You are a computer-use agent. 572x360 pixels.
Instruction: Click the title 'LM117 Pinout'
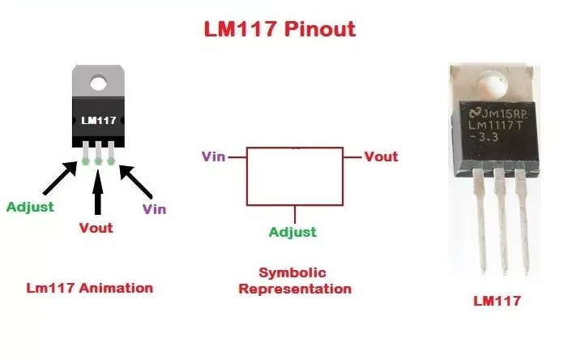(279, 31)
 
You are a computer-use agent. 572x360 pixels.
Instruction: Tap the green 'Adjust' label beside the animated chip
(30, 206)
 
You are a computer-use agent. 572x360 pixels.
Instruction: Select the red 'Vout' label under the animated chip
(96, 228)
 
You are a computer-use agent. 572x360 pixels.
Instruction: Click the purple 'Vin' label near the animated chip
(154, 209)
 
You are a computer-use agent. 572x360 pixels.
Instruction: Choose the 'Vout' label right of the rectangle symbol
(381, 156)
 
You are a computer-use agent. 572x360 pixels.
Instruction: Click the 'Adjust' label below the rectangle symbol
(292, 233)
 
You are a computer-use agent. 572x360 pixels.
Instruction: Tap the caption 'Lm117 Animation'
(89, 288)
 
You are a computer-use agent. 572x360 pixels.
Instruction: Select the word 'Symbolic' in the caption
(294, 272)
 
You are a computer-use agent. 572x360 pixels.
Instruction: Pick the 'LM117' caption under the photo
(497, 301)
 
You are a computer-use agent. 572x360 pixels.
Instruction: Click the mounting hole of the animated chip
(99, 81)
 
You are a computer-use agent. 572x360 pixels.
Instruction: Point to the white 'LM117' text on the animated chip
(99, 120)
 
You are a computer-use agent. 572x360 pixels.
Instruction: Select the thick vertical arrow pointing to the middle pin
(98, 191)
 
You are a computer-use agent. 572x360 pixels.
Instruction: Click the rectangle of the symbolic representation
(294, 177)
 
